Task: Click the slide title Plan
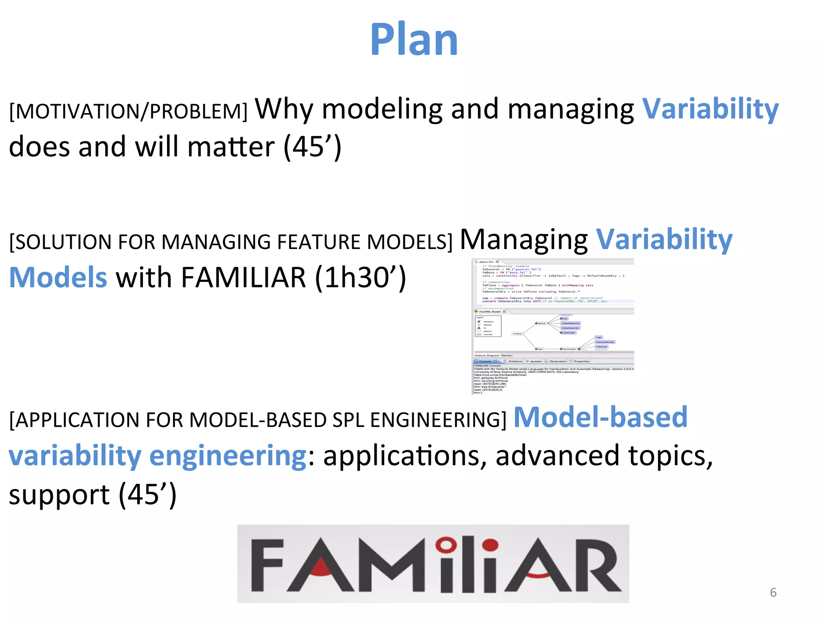click(x=414, y=39)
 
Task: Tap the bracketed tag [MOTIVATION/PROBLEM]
click(x=128, y=111)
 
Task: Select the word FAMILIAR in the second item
click(x=243, y=278)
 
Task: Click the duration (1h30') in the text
click(x=360, y=278)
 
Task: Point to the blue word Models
click(x=58, y=278)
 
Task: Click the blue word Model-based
click(x=600, y=417)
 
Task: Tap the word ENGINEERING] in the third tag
click(x=438, y=420)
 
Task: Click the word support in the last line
click(x=59, y=495)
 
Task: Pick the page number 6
click(x=773, y=592)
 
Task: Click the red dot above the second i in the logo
click(x=490, y=545)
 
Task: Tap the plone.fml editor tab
click(x=487, y=262)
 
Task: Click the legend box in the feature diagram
click(x=488, y=326)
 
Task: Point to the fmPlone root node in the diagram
click(x=517, y=334)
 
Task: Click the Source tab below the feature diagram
click(x=507, y=356)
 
